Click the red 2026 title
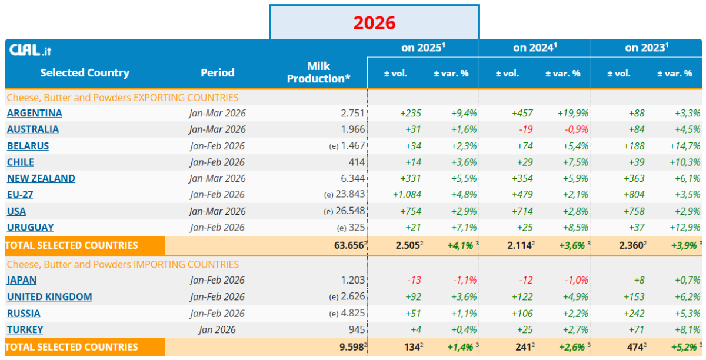point(374,23)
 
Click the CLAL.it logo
point(30,50)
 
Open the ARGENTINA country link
point(34,113)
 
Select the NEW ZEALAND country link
point(41,178)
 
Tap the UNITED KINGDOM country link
point(49,296)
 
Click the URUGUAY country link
point(30,227)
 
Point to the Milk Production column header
point(318,72)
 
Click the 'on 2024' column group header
point(535,48)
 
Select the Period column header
point(218,73)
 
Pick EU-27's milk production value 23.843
point(350,194)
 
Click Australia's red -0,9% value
point(576,129)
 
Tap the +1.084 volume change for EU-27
point(407,195)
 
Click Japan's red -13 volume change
point(414,280)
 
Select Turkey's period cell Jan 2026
point(217,329)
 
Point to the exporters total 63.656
point(349,245)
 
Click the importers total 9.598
point(352,346)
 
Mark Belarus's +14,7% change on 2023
point(685,146)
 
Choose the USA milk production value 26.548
point(350,211)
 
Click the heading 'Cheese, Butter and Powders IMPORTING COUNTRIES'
point(123,264)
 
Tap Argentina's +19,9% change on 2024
point(572,113)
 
